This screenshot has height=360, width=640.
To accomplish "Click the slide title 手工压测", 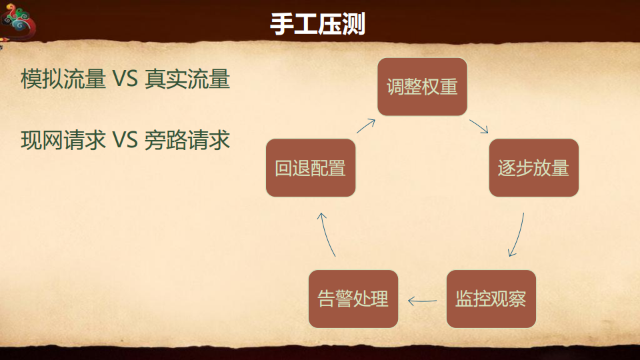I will (x=317, y=24).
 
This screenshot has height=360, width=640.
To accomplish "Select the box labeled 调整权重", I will (x=422, y=87).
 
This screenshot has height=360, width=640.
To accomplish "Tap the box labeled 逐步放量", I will (x=533, y=168).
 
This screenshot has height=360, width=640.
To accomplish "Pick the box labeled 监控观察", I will (x=491, y=299).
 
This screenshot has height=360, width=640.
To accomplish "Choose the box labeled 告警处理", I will (x=353, y=299).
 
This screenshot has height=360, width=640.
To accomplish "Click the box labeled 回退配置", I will (x=311, y=168).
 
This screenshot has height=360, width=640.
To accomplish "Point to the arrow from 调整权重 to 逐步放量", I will (x=479, y=127).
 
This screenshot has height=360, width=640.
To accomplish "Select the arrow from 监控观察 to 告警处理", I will (x=422, y=301).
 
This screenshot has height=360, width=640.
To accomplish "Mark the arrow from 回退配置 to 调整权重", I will (x=365, y=127).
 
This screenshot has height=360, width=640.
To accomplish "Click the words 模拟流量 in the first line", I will (x=63, y=79).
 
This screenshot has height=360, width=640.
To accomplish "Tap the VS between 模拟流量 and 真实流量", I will (x=125, y=80).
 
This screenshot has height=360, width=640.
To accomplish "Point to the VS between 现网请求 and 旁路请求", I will (x=125, y=141).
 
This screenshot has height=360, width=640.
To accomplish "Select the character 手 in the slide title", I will (x=281, y=24).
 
